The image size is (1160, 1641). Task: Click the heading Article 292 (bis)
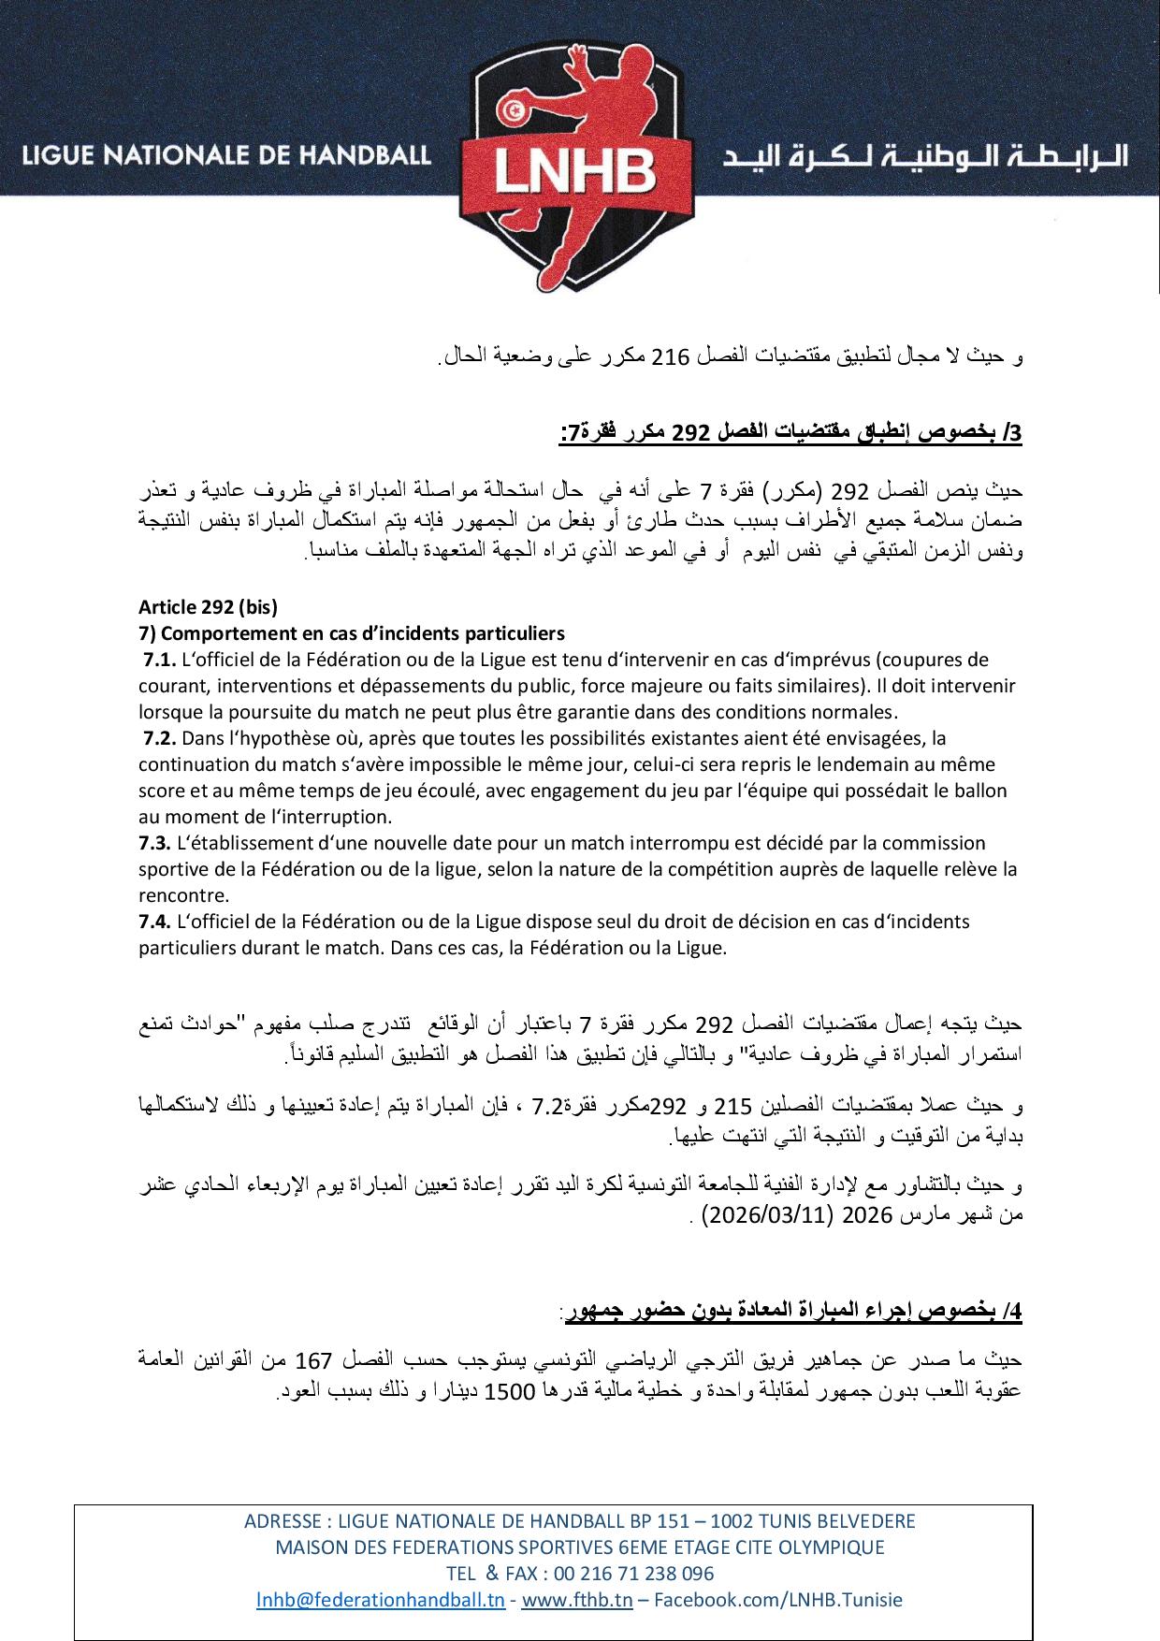(208, 606)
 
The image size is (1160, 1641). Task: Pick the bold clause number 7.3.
(154, 843)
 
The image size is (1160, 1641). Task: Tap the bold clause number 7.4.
(154, 922)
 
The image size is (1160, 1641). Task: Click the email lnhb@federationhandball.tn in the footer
(381, 1599)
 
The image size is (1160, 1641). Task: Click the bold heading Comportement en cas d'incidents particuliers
(352, 632)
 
